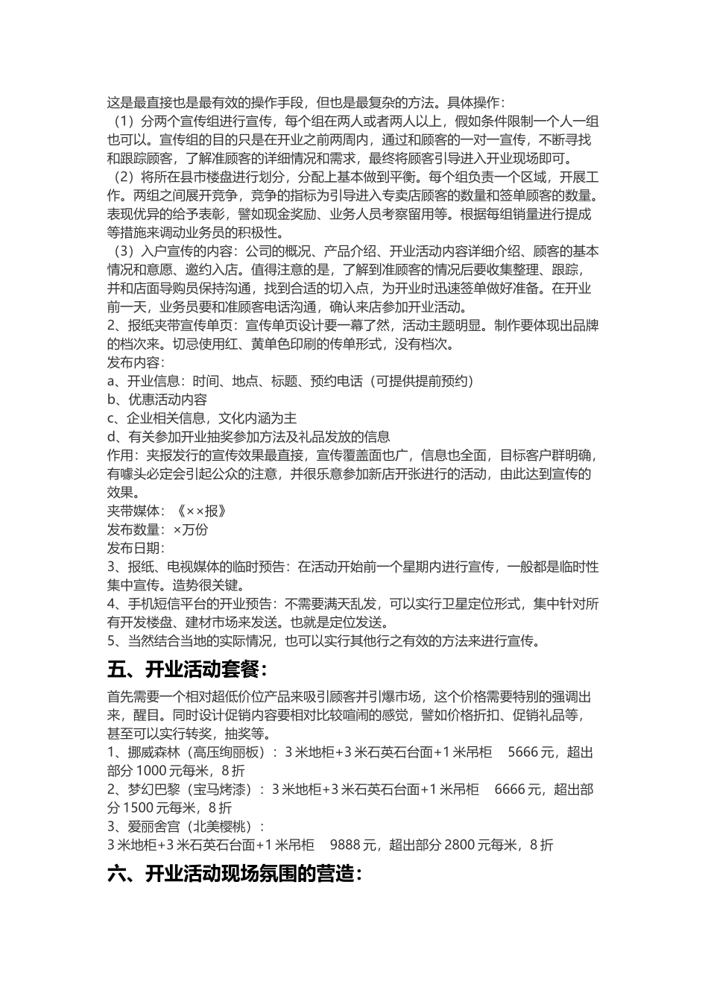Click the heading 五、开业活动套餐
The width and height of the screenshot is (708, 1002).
187,669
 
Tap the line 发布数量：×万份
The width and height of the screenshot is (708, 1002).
157,529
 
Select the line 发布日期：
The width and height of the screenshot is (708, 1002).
136,548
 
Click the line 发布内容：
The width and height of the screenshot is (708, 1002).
136,362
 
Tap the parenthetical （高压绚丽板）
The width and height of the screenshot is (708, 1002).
228,752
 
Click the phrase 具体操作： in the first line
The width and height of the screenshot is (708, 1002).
477,102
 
